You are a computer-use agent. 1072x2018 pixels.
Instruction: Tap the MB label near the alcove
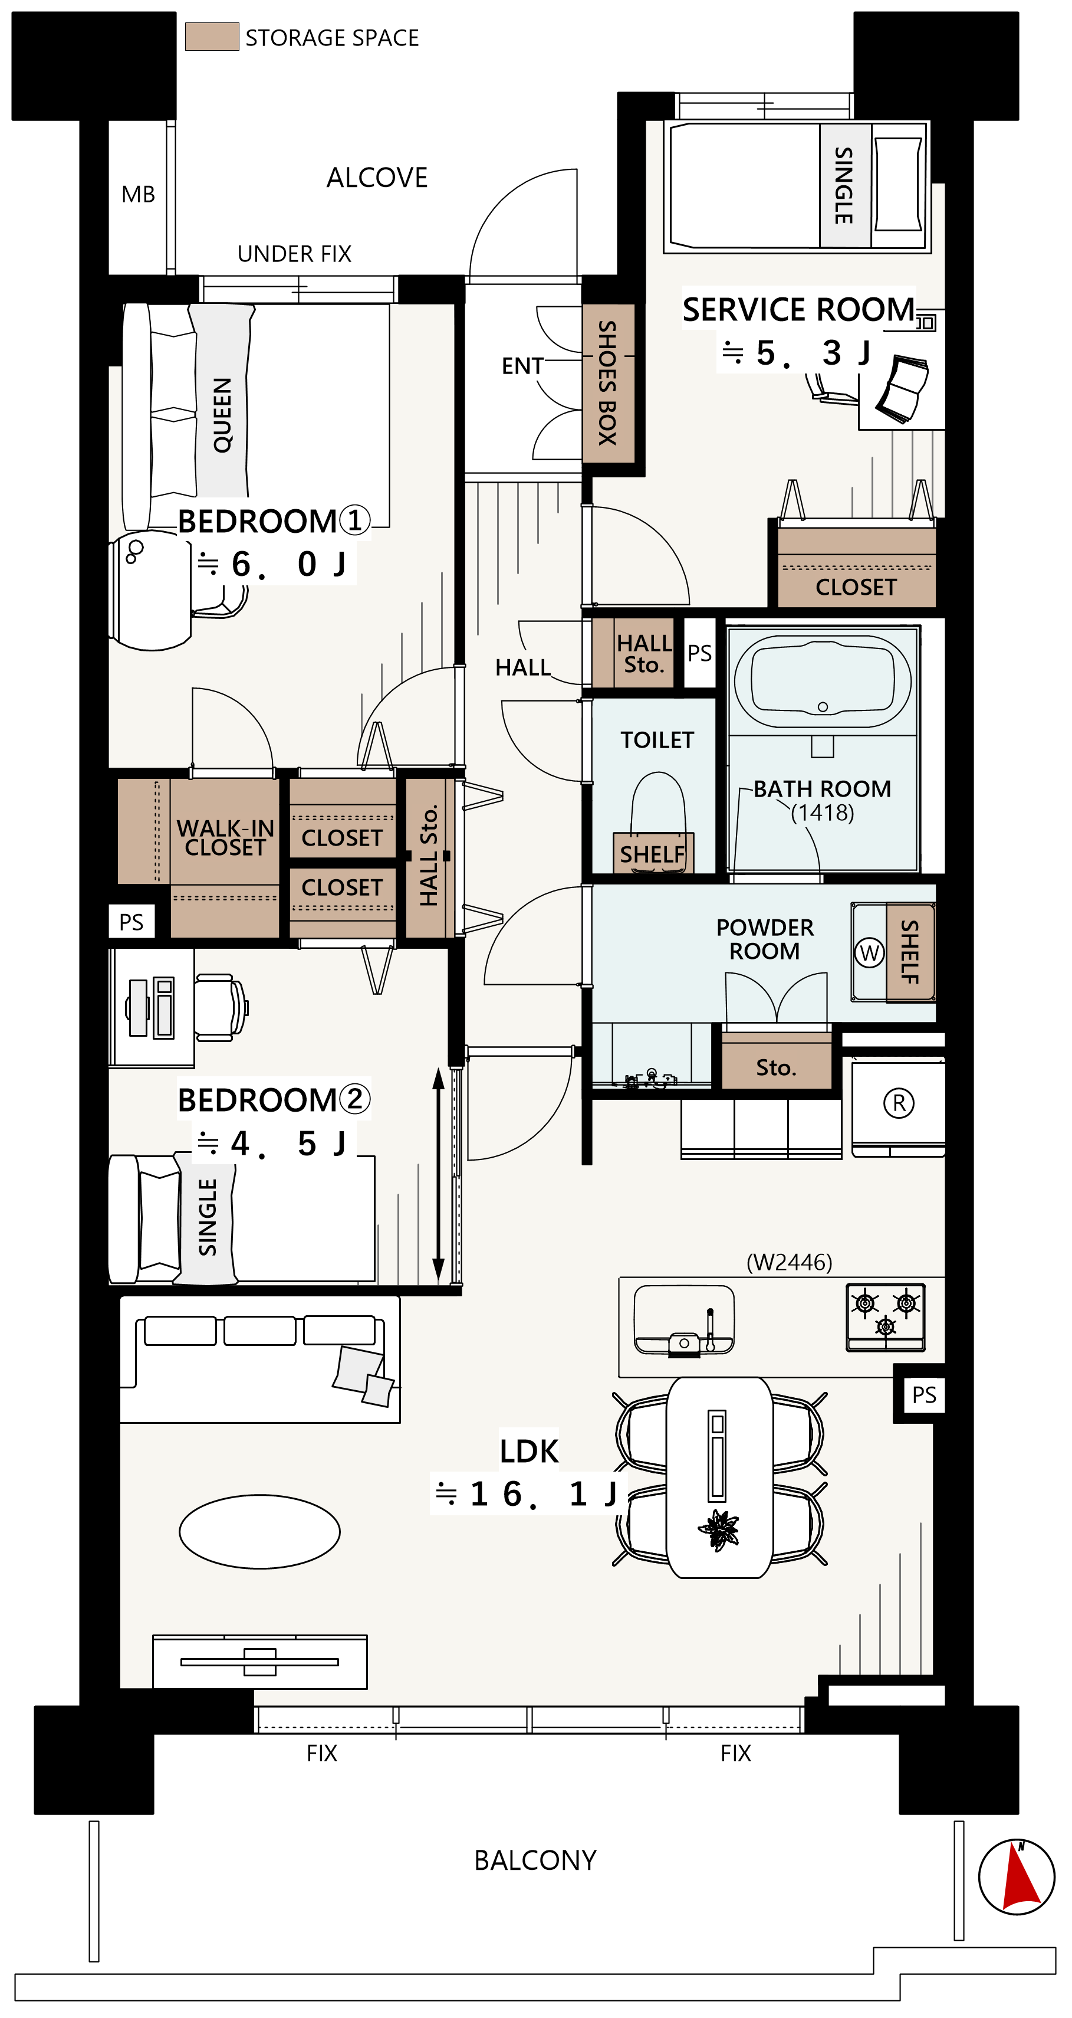[x=138, y=194]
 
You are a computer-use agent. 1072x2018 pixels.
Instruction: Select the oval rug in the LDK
[x=259, y=1532]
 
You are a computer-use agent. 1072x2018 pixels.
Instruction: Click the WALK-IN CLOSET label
[x=225, y=837]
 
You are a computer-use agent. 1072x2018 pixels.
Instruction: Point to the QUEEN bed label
[x=222, y=415]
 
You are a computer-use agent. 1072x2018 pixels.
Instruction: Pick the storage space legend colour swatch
[x=212, y=37]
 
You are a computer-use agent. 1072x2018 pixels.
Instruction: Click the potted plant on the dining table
[x=718, y=1528]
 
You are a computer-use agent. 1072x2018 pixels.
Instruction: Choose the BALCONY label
[x=535, y=1860]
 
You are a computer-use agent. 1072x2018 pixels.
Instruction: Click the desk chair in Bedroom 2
[x=221, y=1007]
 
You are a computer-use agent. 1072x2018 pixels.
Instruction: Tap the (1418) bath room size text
[x=822, y=813]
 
